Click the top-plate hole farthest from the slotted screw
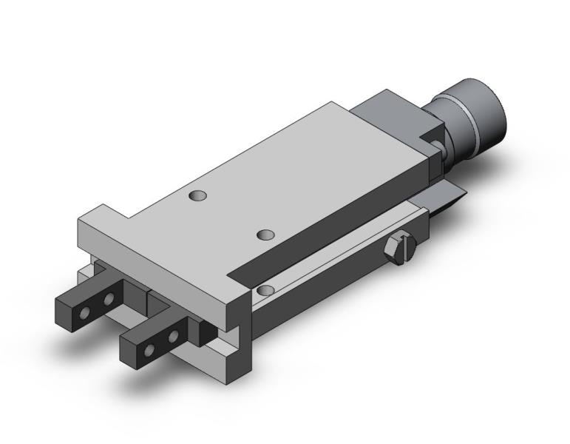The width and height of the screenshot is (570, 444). tap(197, 196)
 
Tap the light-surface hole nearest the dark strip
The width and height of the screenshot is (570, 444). tap(265, 235)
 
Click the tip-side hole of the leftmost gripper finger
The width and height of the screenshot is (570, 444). tap(87, 303)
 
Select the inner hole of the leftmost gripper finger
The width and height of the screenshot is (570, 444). tap(109, 298)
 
